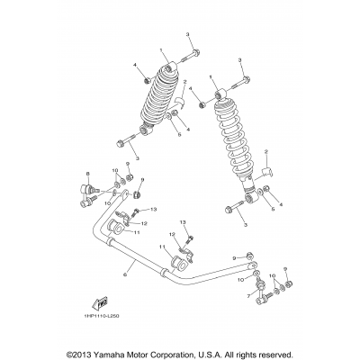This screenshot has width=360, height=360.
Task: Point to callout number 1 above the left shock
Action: (x=161, y=50)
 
